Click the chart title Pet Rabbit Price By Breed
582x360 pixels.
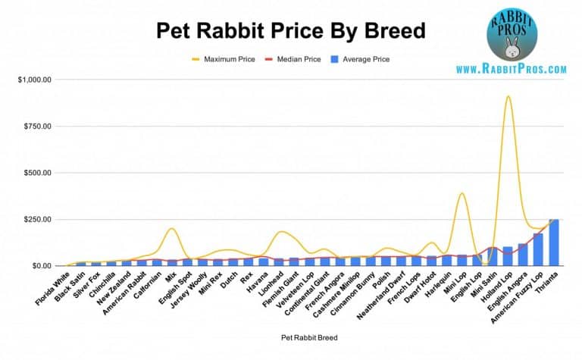(x=290, y=30)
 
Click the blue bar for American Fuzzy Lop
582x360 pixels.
(x=538, y=250)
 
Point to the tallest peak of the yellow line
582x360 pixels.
(x=508, y=96)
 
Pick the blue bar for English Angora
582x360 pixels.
(x=523, y=255)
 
